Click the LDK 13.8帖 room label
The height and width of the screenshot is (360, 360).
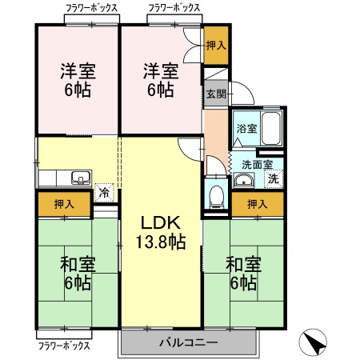tap(161, 233)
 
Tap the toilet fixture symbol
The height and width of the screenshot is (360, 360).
tap(216, 197)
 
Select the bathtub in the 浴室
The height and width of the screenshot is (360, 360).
tap(271, 129)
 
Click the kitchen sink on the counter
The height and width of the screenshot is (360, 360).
tap(81, 178)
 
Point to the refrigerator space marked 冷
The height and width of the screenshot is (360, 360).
tap(104, 192)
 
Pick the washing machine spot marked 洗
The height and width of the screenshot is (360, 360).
tap(274, 179)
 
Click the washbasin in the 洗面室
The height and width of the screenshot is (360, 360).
tap(244, 180)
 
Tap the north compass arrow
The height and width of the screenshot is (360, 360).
tap(313, 342)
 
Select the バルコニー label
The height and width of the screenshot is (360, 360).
tap(189, 342)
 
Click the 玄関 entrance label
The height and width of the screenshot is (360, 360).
tap(216, 94)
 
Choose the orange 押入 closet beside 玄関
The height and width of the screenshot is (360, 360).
tap(216, 46)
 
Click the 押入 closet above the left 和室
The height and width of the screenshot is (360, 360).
tap(64, 204)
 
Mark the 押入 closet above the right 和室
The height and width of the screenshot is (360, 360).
tap(258, 204)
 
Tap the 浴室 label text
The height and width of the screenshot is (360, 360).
tap(246, 129)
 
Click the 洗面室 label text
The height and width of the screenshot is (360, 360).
tap(257, 165)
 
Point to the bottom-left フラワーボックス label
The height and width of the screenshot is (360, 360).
tap(64, 346)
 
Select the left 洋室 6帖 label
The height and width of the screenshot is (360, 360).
tap(78, 80)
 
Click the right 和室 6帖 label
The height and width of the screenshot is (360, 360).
tap(243, 273)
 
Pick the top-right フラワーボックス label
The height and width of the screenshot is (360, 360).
tap(174, 8)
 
